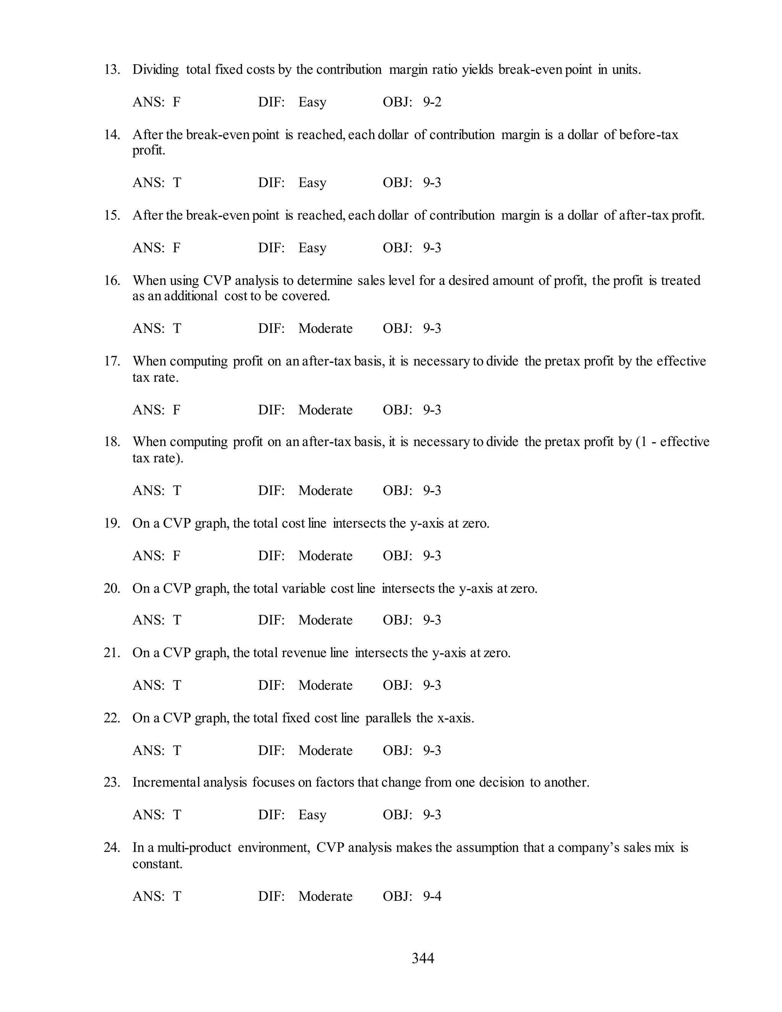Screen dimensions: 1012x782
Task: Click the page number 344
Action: (x=423, y=958)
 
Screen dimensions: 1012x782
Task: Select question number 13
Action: (x=111, y=70)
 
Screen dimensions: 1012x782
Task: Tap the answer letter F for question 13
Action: (x=176, y=102)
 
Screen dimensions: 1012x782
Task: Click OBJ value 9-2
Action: (x=432, y=102)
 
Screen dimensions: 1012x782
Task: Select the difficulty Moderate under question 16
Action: (x=325, y=328)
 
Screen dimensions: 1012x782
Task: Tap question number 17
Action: (x=111, y=361)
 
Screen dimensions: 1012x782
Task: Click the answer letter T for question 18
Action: (x=177, y=490)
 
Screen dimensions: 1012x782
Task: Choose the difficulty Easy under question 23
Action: (x=312, y=815)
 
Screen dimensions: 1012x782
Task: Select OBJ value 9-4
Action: (x=432, y=896)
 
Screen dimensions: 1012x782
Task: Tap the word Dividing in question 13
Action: (x=156, y=70)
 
